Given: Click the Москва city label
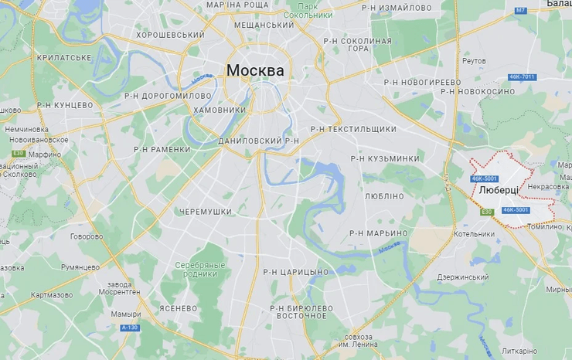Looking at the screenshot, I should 254,71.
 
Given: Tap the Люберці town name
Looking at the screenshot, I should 499,189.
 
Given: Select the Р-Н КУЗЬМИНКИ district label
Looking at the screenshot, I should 385,158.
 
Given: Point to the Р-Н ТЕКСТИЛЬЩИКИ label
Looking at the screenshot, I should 353,129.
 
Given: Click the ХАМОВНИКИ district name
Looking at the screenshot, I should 219,110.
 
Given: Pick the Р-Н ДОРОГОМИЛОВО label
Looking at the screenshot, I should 168,96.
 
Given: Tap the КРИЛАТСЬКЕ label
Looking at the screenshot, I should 64,57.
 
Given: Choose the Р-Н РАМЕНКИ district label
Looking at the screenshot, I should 162,150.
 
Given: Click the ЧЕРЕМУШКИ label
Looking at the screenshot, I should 206,211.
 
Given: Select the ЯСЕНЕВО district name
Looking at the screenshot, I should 179,307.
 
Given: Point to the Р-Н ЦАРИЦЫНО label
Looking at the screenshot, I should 295,272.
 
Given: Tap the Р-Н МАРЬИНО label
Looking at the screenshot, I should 378,233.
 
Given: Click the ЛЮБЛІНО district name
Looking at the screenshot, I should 384,196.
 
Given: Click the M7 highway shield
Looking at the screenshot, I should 520,10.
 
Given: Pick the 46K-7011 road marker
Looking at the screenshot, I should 522,76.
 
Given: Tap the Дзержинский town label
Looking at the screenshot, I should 463,277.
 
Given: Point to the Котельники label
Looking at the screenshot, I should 474,234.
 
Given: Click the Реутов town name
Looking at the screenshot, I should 473,60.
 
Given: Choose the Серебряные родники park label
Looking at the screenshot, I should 199,269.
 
